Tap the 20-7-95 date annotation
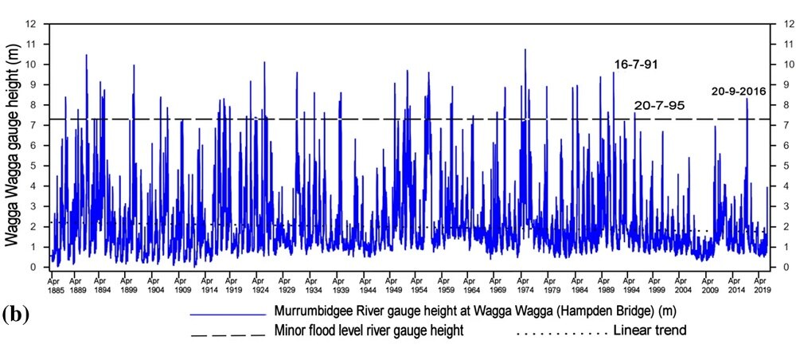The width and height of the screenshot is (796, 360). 659,105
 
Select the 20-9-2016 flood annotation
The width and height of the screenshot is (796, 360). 739,91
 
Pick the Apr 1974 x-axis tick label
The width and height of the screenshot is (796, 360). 525,285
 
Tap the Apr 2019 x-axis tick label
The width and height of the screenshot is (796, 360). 761,285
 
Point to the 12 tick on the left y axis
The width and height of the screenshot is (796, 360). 32,24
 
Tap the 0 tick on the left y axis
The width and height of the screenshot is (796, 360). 34,268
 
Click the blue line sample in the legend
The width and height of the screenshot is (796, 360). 227,315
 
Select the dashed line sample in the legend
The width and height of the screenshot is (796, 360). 227,335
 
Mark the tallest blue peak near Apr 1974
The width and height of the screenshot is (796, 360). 525,49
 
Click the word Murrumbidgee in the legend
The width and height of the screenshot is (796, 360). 312,312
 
